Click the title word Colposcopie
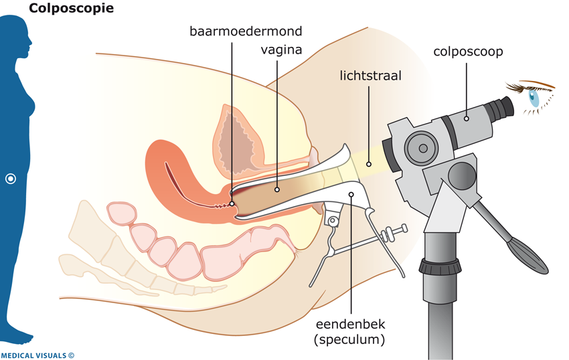click(x=71, y=9)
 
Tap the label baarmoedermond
click(x=246, y=31)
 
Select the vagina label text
click(x=281, y=50)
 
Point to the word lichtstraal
click(x=370, y=76)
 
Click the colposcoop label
click(x=468, y=51)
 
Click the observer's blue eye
click(x=534, y=98)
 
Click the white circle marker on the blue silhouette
click(x=11, y=179)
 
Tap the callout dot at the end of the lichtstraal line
click(x=369, y=164)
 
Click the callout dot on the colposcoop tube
click(x=467, y=118)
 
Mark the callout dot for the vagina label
click(x=278, y=189)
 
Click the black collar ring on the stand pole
click(x=440, y=266)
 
